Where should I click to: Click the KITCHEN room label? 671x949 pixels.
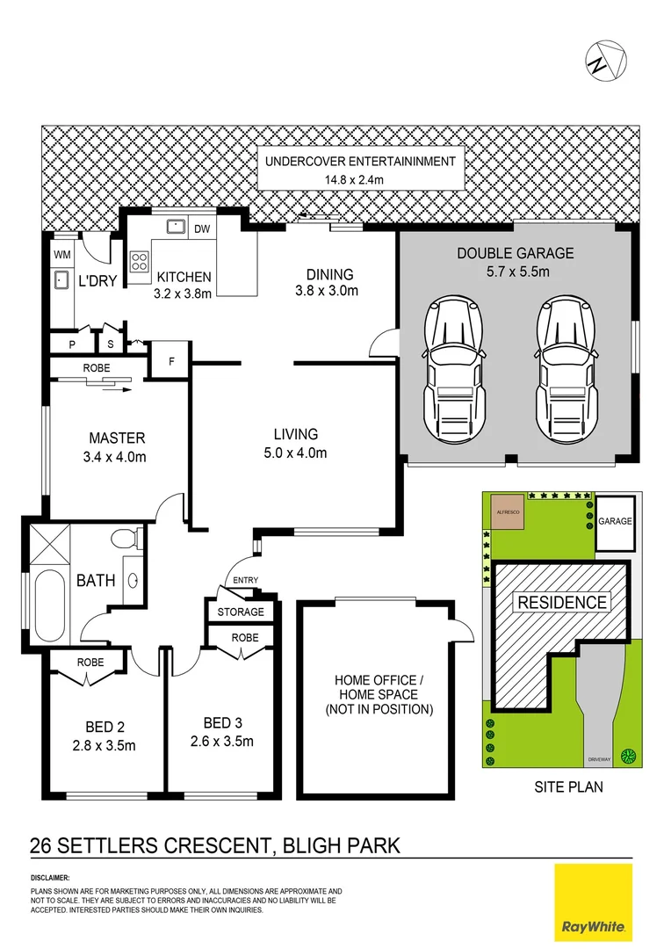pos(184,277)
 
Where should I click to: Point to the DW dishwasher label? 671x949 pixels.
pos(201,229)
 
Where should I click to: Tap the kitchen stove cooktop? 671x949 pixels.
pos(140,261)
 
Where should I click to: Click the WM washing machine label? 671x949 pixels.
pos(61,255)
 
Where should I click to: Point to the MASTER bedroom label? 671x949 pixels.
pos(117,438)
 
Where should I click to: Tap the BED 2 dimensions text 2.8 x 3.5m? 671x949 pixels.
pos(105,745)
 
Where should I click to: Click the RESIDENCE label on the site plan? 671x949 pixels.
pos(561,602)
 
